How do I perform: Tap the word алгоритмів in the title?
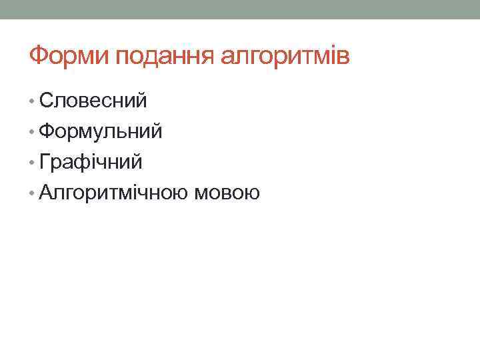point(285,56)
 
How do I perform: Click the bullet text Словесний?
point(93,101)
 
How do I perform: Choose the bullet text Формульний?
point(100,131)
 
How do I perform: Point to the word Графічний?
point(91,162)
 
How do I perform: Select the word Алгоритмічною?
point(115,193)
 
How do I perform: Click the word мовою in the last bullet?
point(227,193)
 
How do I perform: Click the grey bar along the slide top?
point(240,9)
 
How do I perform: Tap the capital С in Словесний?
point(46,101)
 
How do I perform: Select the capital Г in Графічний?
point(45,162)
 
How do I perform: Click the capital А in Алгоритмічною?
point(47,193)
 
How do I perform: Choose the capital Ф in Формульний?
point(47,131)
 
